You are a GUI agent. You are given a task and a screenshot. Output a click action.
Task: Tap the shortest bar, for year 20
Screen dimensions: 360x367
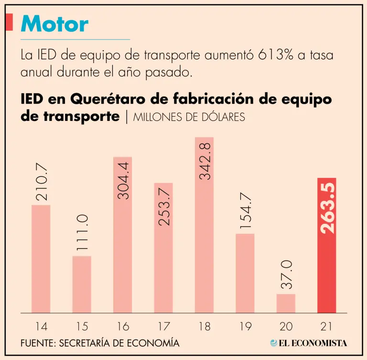point(286,304)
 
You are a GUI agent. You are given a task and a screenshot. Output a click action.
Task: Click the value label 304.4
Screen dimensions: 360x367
point(123,180)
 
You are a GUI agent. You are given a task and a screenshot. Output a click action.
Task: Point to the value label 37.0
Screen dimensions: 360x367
point(286,275)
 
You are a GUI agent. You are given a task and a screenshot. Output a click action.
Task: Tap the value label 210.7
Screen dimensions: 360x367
point(41,183)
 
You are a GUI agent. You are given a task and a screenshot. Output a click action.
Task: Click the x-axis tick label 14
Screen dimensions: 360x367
point(41,327)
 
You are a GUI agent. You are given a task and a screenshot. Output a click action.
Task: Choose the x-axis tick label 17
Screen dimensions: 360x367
point(163,327)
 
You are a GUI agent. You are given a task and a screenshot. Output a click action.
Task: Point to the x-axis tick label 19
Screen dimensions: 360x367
point(245,327)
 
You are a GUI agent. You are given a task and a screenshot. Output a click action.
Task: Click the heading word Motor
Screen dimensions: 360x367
point(54,24)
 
